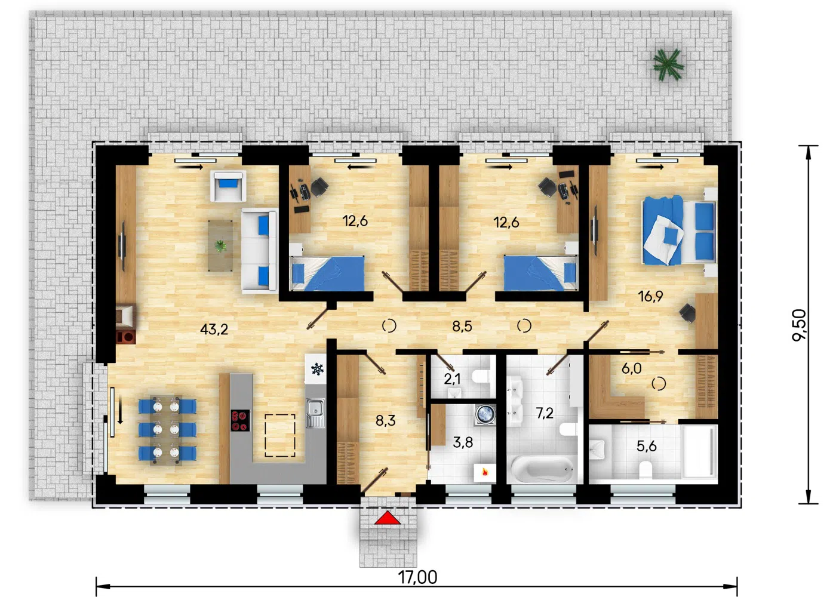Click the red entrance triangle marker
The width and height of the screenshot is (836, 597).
pos(388,518)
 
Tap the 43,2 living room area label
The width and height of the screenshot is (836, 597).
pos(214,329)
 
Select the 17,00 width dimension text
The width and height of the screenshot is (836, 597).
pos(417,577)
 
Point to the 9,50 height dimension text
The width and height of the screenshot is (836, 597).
pos(800,325)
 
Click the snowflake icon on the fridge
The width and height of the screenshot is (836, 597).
pos(317,369)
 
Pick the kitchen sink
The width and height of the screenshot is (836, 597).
pos(315,413)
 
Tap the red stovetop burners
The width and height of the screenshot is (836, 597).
pos(239,420)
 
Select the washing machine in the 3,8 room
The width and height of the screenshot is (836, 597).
pos(485,414)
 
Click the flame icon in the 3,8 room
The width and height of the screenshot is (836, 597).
pos(485,472)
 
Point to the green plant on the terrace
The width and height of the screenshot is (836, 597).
pos(668,64)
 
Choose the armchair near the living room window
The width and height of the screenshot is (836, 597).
pos(228,186)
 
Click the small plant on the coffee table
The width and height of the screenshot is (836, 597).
pos(220,246)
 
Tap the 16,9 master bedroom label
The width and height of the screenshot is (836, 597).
pos(650,296)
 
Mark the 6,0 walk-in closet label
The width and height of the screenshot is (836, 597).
pos(632,369)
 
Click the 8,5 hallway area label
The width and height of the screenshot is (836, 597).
pos(462,327)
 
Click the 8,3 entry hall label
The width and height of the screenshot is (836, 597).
pos(386,421)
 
